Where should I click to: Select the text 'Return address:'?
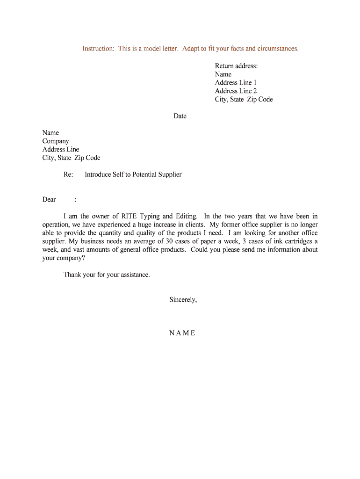(236, 66)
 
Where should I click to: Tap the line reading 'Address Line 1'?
(236, 83)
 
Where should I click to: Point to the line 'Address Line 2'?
(236, 91)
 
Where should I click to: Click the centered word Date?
(180, 116)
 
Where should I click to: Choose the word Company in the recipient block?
(56, 141)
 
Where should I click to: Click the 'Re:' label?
(68, 174)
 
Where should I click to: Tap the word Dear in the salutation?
(49, 200)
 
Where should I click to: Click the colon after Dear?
(76, 200)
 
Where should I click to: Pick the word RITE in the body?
(129, 216)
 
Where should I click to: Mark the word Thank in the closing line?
(72, 275)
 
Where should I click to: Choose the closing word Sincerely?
(183, 300)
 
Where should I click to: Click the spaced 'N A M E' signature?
(182, 334)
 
